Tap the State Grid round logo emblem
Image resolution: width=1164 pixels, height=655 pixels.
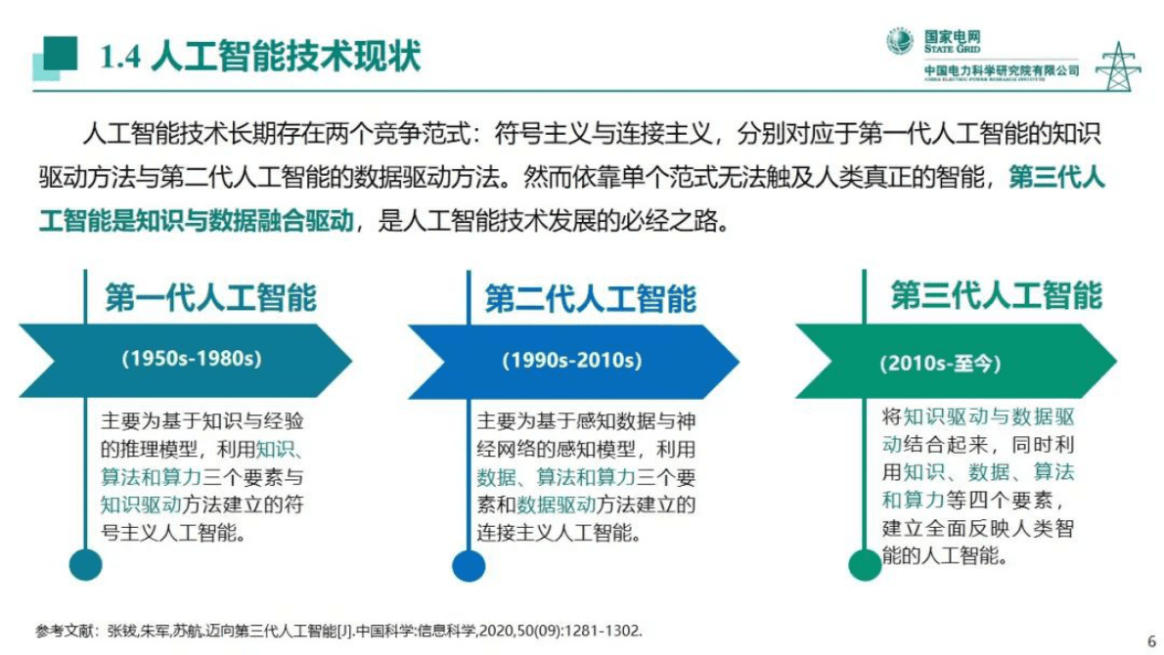coord(900,41)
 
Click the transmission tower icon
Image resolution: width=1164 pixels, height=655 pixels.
coord(1117,66)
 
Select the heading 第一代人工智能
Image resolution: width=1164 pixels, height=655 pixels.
coord(211,297)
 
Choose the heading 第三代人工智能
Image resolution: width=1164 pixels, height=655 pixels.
coord(996,295)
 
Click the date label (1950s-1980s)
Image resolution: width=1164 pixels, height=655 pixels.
coord(192,359)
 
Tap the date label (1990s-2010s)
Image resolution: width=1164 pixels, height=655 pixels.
coord(572,360)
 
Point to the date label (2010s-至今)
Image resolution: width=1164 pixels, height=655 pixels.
coord(940,364)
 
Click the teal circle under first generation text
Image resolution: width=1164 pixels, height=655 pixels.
coord(86,564)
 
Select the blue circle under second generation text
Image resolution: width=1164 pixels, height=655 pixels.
coord(469,565)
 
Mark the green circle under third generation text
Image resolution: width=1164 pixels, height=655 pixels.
coord(865,564)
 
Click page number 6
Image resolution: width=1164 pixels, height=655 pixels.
coord(1150,640)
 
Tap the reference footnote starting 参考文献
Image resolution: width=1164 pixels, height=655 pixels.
coord(337,631)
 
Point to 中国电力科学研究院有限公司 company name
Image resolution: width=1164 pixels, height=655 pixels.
coord(1002,70)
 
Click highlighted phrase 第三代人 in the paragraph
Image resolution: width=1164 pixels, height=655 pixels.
coord(1055,179)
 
